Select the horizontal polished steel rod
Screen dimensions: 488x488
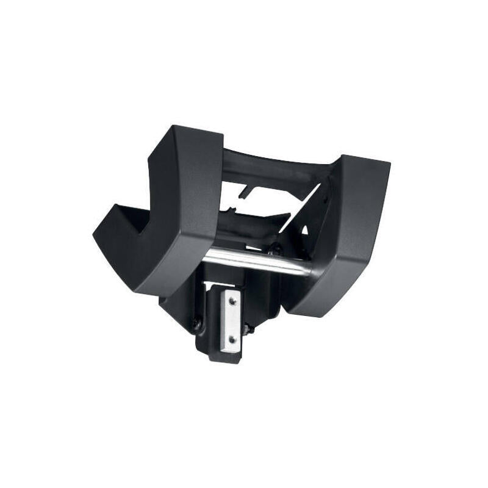coord(256,262)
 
